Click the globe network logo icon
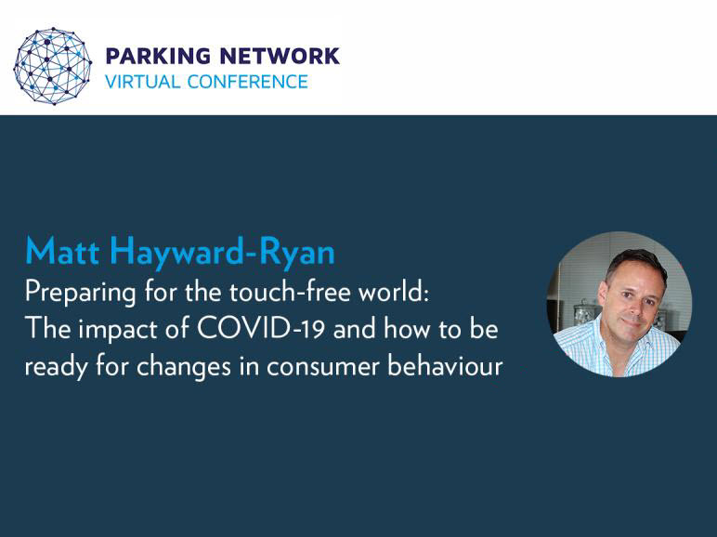coord(52,66)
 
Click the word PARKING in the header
coord(158,56)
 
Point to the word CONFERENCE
coord(247,82)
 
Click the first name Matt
coord(62,251)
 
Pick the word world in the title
coord(393,292)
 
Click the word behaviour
coord(445,366)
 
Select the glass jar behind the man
coord(582,313)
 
